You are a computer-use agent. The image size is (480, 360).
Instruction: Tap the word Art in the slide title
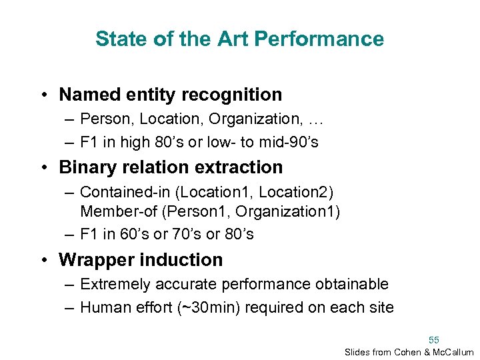pyautogui.click(x=235, y=39)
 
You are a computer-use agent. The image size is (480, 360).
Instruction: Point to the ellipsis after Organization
pyautogui.click(x=315, y=119)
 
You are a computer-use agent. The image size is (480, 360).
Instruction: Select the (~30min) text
pyautogui.click(x=233, y=307)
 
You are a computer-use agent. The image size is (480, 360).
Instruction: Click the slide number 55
pyautogui.click(x=434, y=339)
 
